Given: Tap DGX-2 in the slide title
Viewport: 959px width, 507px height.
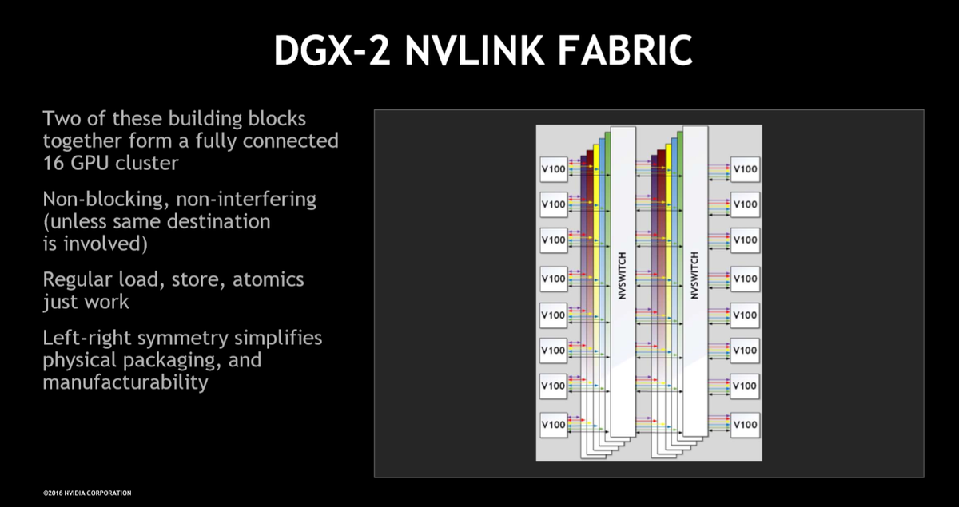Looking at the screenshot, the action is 332,50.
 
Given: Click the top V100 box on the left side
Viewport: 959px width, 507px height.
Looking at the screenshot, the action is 554,169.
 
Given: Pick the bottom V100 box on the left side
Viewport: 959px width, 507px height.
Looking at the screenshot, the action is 554,425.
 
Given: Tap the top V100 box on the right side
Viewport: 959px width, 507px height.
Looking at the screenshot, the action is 745,169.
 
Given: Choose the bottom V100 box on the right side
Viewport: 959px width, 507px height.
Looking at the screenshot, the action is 745,425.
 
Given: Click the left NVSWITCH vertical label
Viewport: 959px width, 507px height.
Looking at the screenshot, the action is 623,275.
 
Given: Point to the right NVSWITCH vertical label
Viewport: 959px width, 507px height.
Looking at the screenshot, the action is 694,275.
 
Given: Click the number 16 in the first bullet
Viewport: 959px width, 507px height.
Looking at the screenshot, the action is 54,163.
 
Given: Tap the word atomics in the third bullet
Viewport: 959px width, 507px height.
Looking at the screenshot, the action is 268,279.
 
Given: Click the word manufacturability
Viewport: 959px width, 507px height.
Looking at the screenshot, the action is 125,382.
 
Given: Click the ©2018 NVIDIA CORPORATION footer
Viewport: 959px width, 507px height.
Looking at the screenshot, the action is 87,493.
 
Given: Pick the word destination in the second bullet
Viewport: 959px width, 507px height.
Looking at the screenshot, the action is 218,222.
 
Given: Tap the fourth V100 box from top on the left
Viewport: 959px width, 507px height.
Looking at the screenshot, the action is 554,279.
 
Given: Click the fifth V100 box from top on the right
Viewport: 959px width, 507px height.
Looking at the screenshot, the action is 745,315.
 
